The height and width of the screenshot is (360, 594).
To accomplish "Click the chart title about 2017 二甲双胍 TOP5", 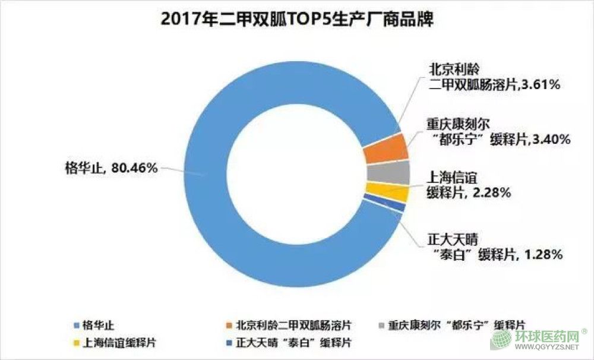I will click(297, 19).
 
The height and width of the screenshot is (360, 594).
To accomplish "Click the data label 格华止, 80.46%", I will click(111, 168).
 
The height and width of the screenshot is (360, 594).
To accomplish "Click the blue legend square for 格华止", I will click(75, 326).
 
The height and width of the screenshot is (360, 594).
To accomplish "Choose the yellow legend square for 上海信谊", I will click(75, 342).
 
